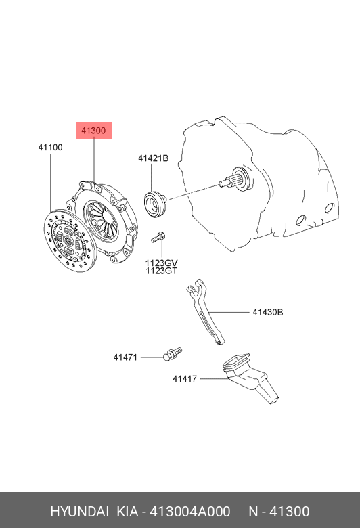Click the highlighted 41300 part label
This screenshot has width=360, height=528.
[x=93, y=131]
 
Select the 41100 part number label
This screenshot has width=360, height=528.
[x=50, y=147]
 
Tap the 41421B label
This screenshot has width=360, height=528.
[x=153, y=158]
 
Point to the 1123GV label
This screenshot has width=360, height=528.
[x=161, y=263]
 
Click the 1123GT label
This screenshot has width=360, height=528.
[x=161, y=271]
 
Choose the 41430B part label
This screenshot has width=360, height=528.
[x=268, y=312]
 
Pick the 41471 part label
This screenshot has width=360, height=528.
[x=125, y=357]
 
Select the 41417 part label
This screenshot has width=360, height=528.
[x=185, y=379]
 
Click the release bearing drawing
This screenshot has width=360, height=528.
[x=154, y=203]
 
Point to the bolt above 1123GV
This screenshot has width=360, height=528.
[x=158, y=237]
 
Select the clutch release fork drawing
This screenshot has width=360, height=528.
[x=205, y=311]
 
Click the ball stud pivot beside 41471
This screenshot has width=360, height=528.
[x=172, y=353]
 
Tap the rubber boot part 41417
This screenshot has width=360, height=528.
[x=250, y=378]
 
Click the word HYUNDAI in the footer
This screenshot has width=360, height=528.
[x=79, y=512]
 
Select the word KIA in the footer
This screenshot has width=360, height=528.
[x=127, y=512]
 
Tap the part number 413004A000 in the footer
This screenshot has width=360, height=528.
[x=190, y=512]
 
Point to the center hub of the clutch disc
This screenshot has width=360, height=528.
[x=68, y=240]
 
